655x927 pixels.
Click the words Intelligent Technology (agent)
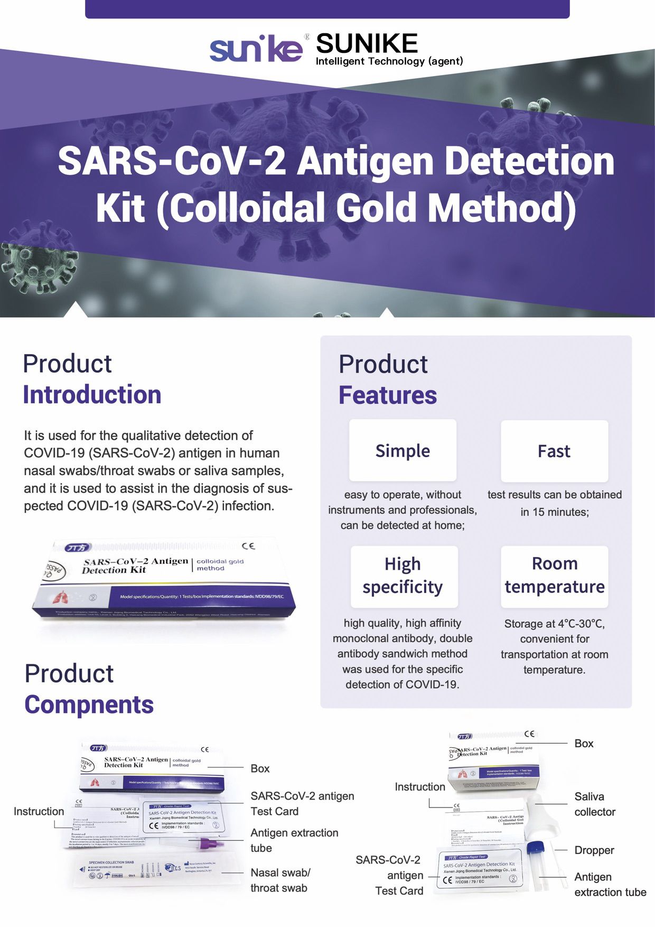[x=389, y=61]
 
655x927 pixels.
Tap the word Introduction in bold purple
[x=92, y=395]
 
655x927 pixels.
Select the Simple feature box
[x=403, y=450]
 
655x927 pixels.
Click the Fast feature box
[x=554, y=451]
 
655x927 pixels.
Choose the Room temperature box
[x=554, y=576]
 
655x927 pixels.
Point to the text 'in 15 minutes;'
[x=554, y=512]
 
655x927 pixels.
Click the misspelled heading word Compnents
[x=89, y=704]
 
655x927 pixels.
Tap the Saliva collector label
[x=594, y=804]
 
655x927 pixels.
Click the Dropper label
[x=594, y=850]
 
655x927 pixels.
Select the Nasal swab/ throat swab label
[x=280, y=880]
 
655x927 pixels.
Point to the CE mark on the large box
[x=248, y=546]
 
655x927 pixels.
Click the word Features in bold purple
[x=388, y=395]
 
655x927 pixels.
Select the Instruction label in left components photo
[x=39, y=811]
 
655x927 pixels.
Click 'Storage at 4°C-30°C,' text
[x=554, y=624]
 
